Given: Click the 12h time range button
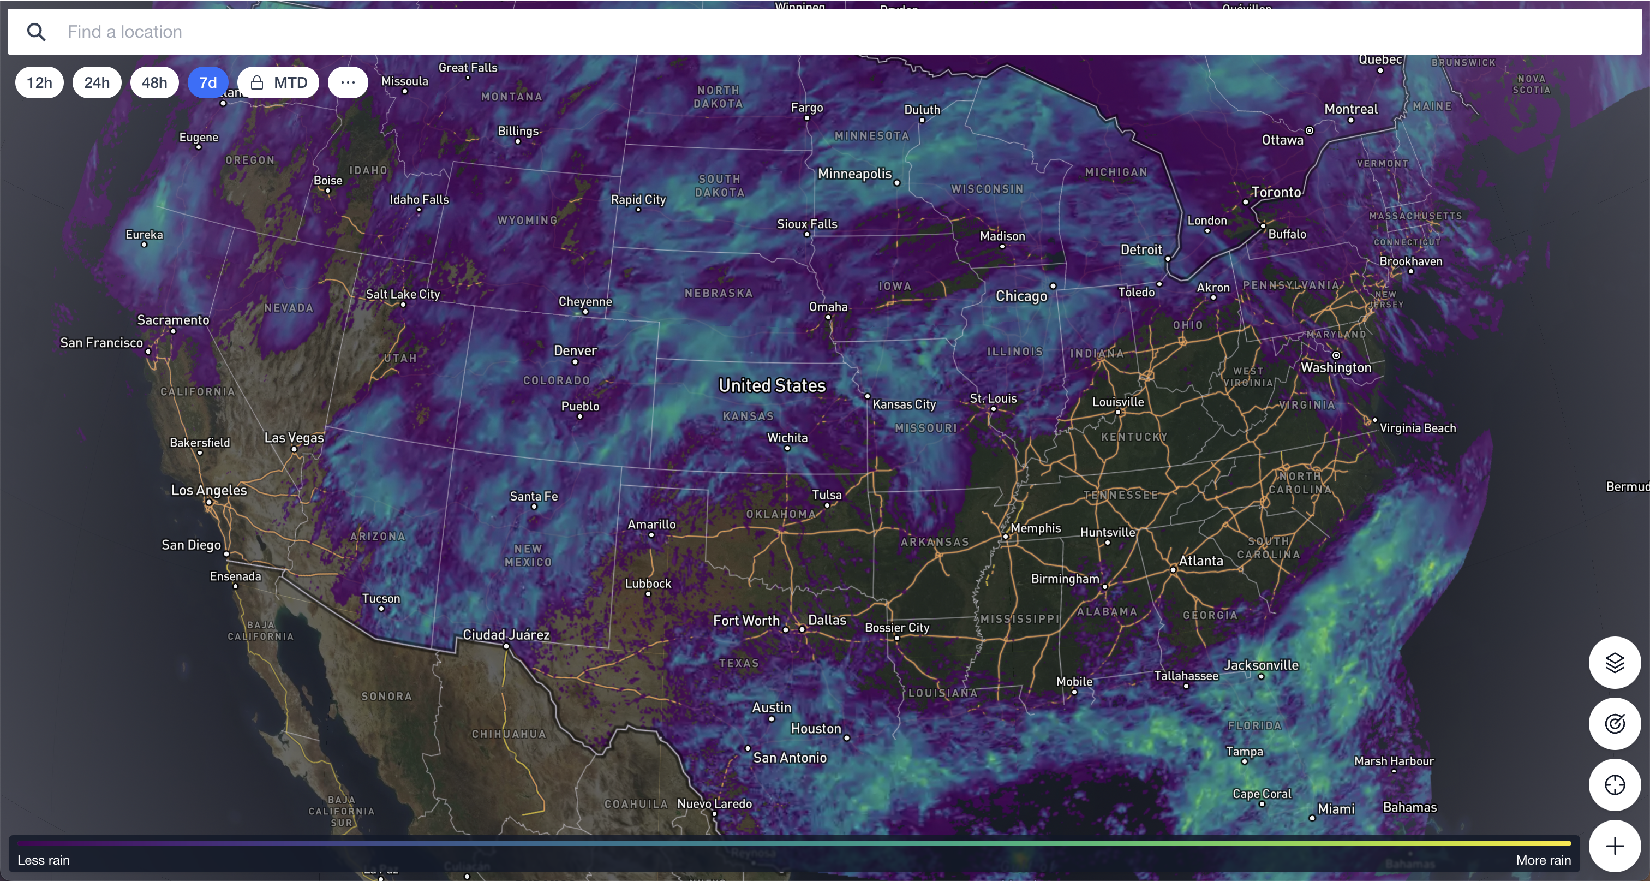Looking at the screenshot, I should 39,82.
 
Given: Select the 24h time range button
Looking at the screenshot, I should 97,82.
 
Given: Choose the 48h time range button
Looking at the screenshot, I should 154,82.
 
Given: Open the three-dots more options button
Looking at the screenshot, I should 348,82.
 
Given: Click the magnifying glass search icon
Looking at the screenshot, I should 37,32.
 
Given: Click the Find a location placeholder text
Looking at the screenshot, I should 125,32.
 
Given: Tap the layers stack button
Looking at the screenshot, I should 1614,663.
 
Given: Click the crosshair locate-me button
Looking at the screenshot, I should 1614,785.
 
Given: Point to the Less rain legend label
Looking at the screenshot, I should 44,860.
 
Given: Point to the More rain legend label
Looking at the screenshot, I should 1543,860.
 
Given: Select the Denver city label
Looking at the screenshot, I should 575,350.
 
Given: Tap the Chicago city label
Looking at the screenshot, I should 1021,296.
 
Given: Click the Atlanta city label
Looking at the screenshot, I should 1201,561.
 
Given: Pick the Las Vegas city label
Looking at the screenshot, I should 294,438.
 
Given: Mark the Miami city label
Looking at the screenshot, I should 1336,808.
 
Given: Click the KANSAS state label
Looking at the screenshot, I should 748,416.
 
